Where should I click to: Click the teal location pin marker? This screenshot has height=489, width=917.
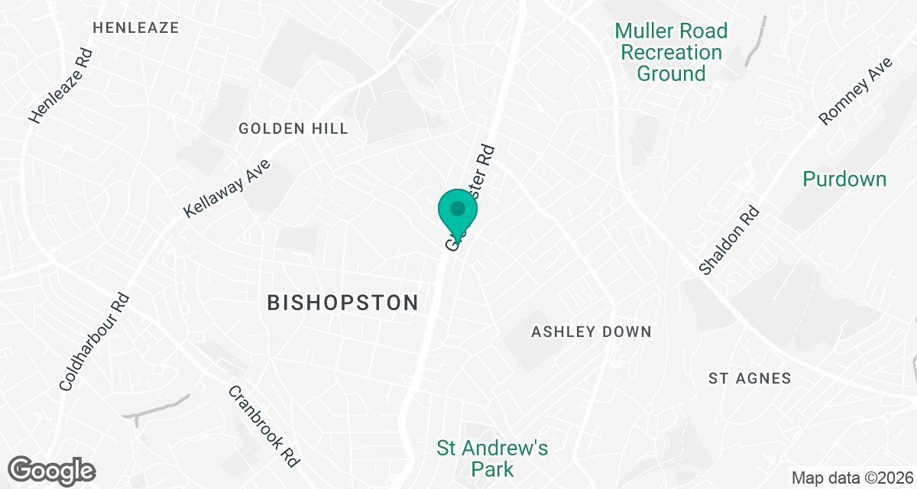coord(458,211)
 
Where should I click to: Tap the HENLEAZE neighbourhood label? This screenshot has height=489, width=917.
coord(135,28)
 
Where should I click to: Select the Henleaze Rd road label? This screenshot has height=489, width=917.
coord(61,86)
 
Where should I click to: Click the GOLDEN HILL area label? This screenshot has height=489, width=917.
coord(293,128)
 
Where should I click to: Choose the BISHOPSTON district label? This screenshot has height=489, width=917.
coord(342,303)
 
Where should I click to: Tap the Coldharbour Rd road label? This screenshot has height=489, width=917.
coord(95,341)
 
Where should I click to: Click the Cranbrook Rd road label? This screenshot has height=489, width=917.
coord(264,426)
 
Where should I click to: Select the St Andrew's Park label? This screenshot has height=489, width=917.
coord(492,458)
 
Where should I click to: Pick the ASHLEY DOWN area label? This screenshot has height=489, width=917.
coord(591,332)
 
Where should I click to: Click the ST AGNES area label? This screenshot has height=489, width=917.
coord(750,378)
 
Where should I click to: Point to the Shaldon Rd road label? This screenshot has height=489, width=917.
coord(731,240)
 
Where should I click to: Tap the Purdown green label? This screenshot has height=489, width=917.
coord(844,179)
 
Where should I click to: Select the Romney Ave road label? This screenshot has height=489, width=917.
coord(855,90)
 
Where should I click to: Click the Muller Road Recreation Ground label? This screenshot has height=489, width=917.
coord(671,52)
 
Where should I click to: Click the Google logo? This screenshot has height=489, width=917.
coord(51,470)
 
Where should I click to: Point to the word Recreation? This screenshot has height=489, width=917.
coord(671,52)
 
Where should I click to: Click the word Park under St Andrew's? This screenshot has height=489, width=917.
coord(492,468)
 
